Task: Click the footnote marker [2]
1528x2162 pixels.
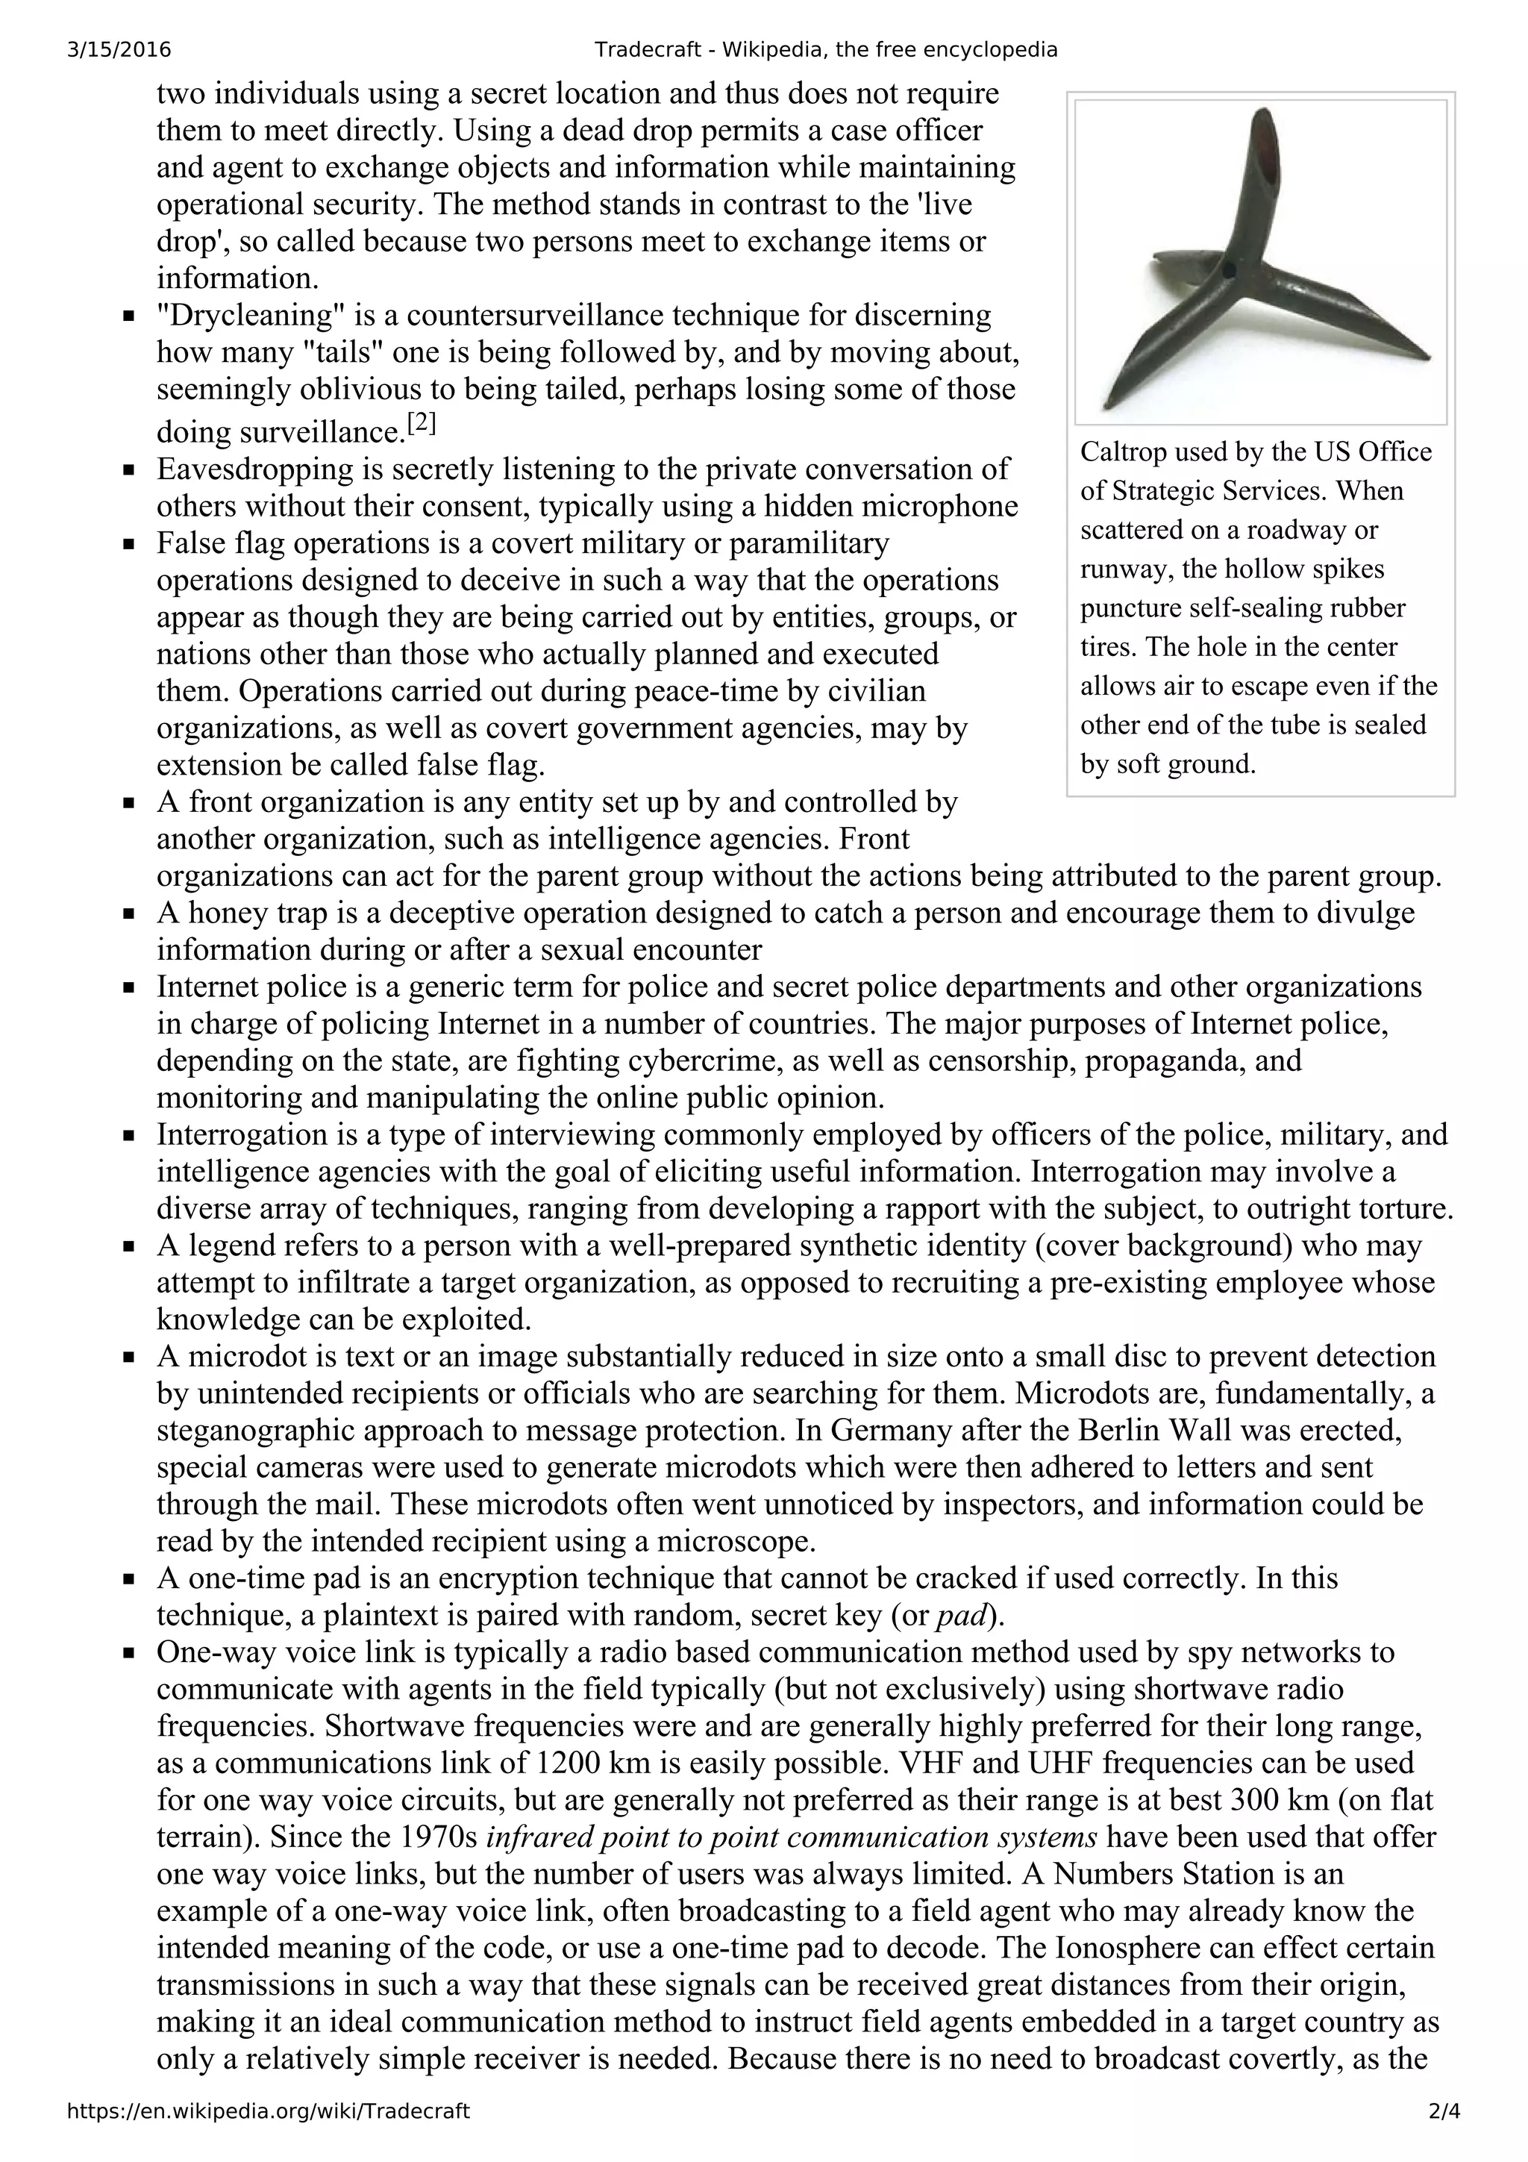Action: point(421,425)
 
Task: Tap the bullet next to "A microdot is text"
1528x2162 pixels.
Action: point(129,1357)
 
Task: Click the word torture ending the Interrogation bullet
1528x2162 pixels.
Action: point(1400,1209)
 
